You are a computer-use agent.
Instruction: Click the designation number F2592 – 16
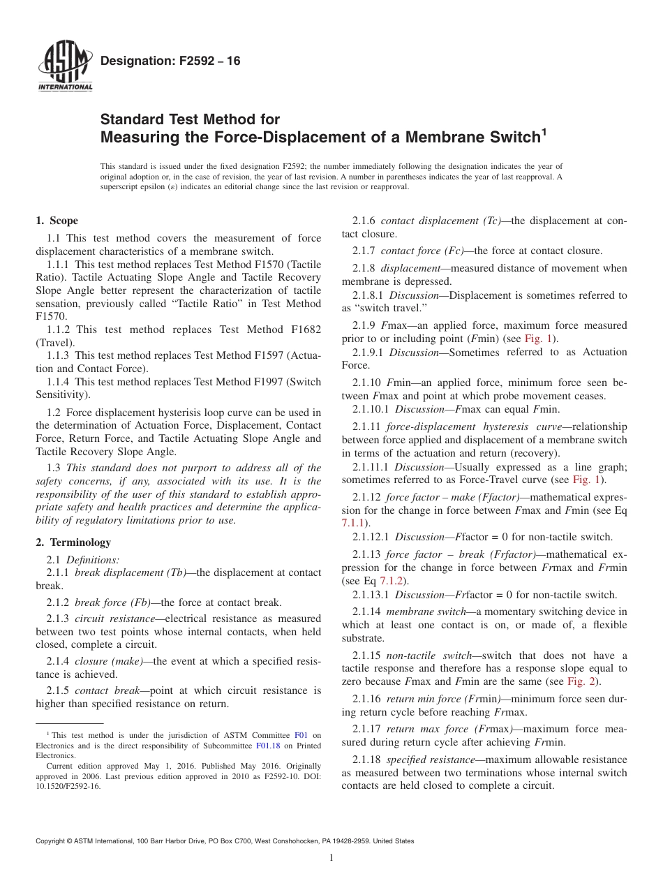coord(170,61)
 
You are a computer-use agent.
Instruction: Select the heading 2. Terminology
coord(73,542)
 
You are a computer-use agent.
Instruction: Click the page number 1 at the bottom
coord(331,858)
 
